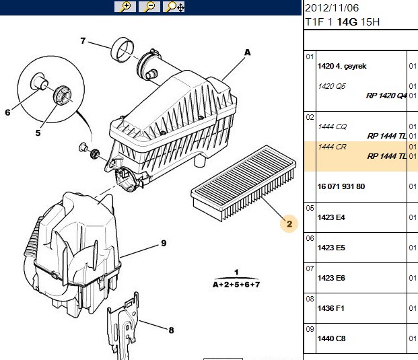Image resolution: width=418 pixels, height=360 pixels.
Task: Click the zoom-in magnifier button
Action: pos(125,7)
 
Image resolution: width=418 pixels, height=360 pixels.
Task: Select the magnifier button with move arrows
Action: pos(174,7)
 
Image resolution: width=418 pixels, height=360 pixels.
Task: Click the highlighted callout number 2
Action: pos(289,223)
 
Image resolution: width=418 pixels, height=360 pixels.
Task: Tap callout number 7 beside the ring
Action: pos(83,41)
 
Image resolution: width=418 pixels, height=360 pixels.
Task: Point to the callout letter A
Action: pos(248,52)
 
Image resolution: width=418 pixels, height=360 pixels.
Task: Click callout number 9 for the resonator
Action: pos(164,243)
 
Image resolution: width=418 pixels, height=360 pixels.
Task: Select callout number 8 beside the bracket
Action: pos(171,330)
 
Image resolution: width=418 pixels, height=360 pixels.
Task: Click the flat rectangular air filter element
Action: pos(244,183)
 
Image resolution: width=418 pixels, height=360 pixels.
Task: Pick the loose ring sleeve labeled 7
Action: pos(122,50)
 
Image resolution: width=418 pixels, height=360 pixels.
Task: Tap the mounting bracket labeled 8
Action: pos(123,326)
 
